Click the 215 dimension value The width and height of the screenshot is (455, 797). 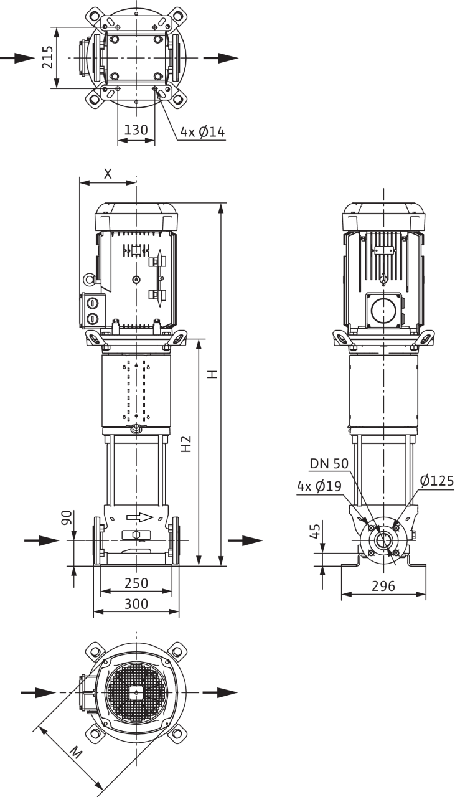pos(48,57)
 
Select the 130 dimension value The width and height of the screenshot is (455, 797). pos(136,130)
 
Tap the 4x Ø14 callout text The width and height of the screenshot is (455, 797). pos(203,133)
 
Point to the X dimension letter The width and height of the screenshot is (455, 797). pos(108,174)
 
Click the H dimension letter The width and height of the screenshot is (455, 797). pos(213,374)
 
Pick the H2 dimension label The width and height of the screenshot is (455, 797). pos(186,444)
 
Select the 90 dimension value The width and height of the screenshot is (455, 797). pos(67,517)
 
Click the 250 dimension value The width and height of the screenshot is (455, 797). pos(136,583)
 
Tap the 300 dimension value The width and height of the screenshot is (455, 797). pos(136,604)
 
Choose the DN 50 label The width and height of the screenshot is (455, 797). pos(329,463)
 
